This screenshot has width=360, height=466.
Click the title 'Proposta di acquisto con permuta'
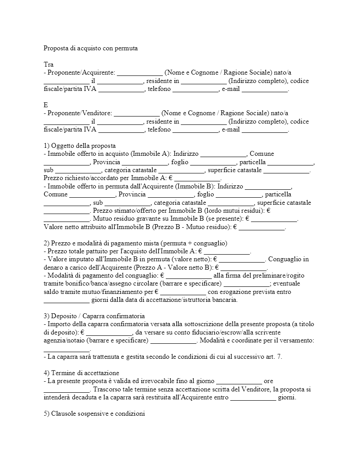pos(91,48)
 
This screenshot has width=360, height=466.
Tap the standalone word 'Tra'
pos(49,64)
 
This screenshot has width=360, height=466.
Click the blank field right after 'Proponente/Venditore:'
pos(137,113)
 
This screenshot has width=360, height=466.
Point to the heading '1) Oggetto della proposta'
pos(79,146)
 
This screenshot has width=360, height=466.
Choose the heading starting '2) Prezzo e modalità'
pos(135,243)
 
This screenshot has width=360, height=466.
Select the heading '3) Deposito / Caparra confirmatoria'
pos(94,316)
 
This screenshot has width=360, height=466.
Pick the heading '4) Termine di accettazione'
pos(82,373)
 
